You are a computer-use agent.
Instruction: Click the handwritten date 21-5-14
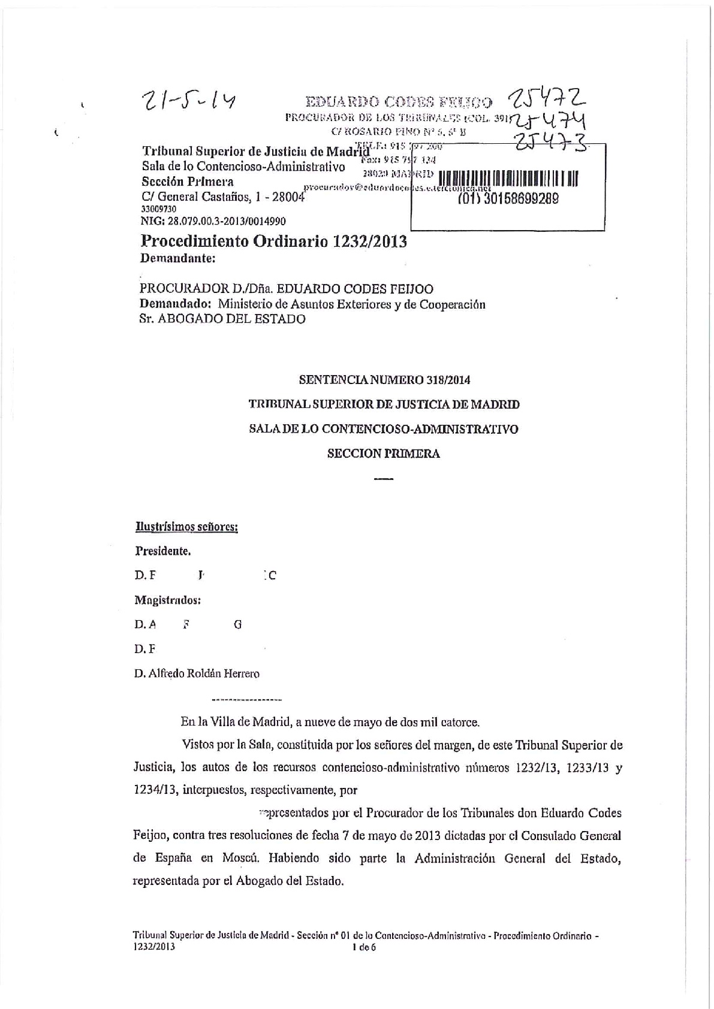[186, 103]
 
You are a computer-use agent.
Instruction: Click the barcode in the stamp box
[508, 179]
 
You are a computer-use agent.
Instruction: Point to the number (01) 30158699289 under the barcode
[508, 198]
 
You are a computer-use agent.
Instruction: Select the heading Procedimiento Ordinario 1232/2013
[273, 241]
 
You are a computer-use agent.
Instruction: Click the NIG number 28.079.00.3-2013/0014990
[213, 221]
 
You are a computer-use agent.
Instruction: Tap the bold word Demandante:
[177, 259]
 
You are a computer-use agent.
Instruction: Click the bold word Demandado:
[176, 304]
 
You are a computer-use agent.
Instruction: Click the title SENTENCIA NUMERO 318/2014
[384, 379]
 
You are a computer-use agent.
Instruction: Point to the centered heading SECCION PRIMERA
[384, 454]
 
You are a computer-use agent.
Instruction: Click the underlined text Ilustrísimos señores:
[187, 527]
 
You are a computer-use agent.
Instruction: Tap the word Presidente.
[163, 551]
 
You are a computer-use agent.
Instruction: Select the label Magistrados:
[167, 600]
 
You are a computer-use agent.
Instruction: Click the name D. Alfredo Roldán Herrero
[197, 673]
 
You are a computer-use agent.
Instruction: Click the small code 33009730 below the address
[158, 209]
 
